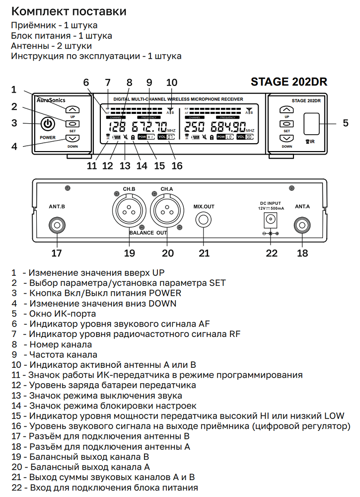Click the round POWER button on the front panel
[48, 124]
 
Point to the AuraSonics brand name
[51, 100]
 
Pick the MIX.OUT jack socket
[204, 221]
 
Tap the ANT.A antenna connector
[302, 226]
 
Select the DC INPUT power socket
[271, 219]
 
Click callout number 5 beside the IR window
[346, 123]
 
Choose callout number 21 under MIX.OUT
[204, 253]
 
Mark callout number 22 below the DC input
[271, 253]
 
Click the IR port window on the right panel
[311, 123]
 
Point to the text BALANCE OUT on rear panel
[148, 233]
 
